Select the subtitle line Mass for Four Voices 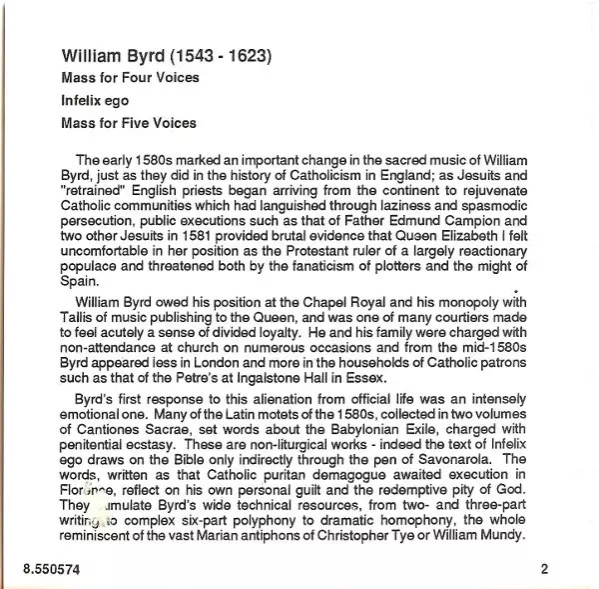click(x=130, y=78)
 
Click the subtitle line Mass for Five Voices click(x=129, y=124)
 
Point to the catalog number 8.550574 click(x=52, y=570)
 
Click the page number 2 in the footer click(x=545, y=570)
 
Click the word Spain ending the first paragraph click(x=80, y=283)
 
